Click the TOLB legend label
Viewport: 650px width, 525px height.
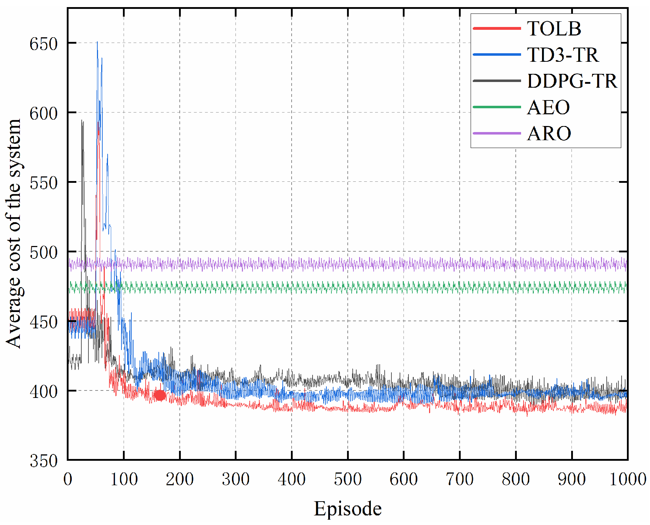[554, 29]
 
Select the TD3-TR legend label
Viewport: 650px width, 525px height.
[563, 55]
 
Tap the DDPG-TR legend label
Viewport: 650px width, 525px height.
[572, 81]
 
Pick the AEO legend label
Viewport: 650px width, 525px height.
[548, 108]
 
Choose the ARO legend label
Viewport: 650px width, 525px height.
[549, 134]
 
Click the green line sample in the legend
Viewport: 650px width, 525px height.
[497, 107]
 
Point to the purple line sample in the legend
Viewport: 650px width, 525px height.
[497, 133]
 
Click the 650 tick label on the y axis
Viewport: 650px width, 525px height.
[43, 45]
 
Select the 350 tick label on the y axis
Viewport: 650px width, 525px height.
[43, 461]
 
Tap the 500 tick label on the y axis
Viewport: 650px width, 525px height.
[43, 253]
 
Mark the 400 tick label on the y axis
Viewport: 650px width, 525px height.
[43, 392]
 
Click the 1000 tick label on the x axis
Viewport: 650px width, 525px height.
[628, 480]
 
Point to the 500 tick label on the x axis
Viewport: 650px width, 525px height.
[347, 480]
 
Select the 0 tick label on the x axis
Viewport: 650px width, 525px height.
[68, 480]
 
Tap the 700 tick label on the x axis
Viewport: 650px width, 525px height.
[459, 480]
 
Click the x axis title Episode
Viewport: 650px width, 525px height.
[347, 509]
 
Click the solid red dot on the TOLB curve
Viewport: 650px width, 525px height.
[160, 395]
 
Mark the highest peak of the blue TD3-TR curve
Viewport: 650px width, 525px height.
[97, 42]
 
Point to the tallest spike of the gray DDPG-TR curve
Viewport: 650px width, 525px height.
[82, 121]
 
